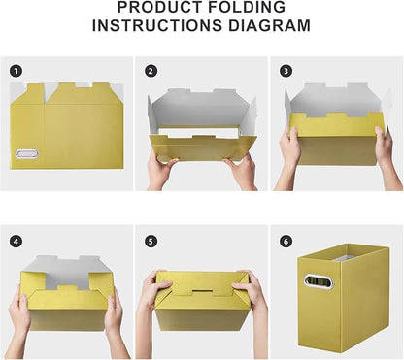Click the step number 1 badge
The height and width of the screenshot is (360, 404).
[x=17, y=71]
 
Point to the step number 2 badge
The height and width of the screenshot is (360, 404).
[x=151, y=71]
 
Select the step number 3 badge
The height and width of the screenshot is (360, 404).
[x=286, y=71]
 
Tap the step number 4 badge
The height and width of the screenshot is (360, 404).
[x=17, y=241]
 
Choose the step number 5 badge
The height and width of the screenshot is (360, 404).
[x=151, y=241]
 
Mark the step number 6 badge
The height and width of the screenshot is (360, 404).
[x=286, y=241]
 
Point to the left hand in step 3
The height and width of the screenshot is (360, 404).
[x=291, y=147]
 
